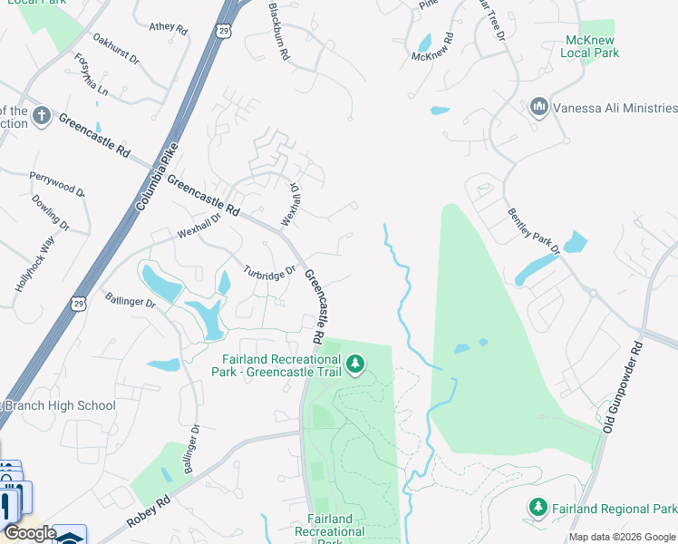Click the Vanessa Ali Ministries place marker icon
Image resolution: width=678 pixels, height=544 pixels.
[x=539, y=108]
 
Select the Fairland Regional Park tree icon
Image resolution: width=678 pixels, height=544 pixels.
[x=538, y=507]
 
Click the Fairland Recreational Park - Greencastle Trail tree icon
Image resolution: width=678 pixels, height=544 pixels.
[x=356, y=364]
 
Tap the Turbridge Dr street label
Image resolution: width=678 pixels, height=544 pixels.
[x=269, y=272]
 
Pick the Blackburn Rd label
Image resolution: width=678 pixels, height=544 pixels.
[x=278, y=32]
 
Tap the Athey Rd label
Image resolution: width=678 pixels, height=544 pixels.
[x=168, y=29]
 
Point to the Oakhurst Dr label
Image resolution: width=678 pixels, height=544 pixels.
[x=116, y=50]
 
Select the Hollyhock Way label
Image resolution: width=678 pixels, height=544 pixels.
[x=34, y=264]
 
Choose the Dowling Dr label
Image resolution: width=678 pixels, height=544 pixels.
[x=51, y=212]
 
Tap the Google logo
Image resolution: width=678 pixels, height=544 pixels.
[x=29, y=533]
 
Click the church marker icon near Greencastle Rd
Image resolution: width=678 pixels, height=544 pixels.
[x=41, y=115]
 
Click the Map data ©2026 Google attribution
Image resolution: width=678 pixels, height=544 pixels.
[x=621, y=537]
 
